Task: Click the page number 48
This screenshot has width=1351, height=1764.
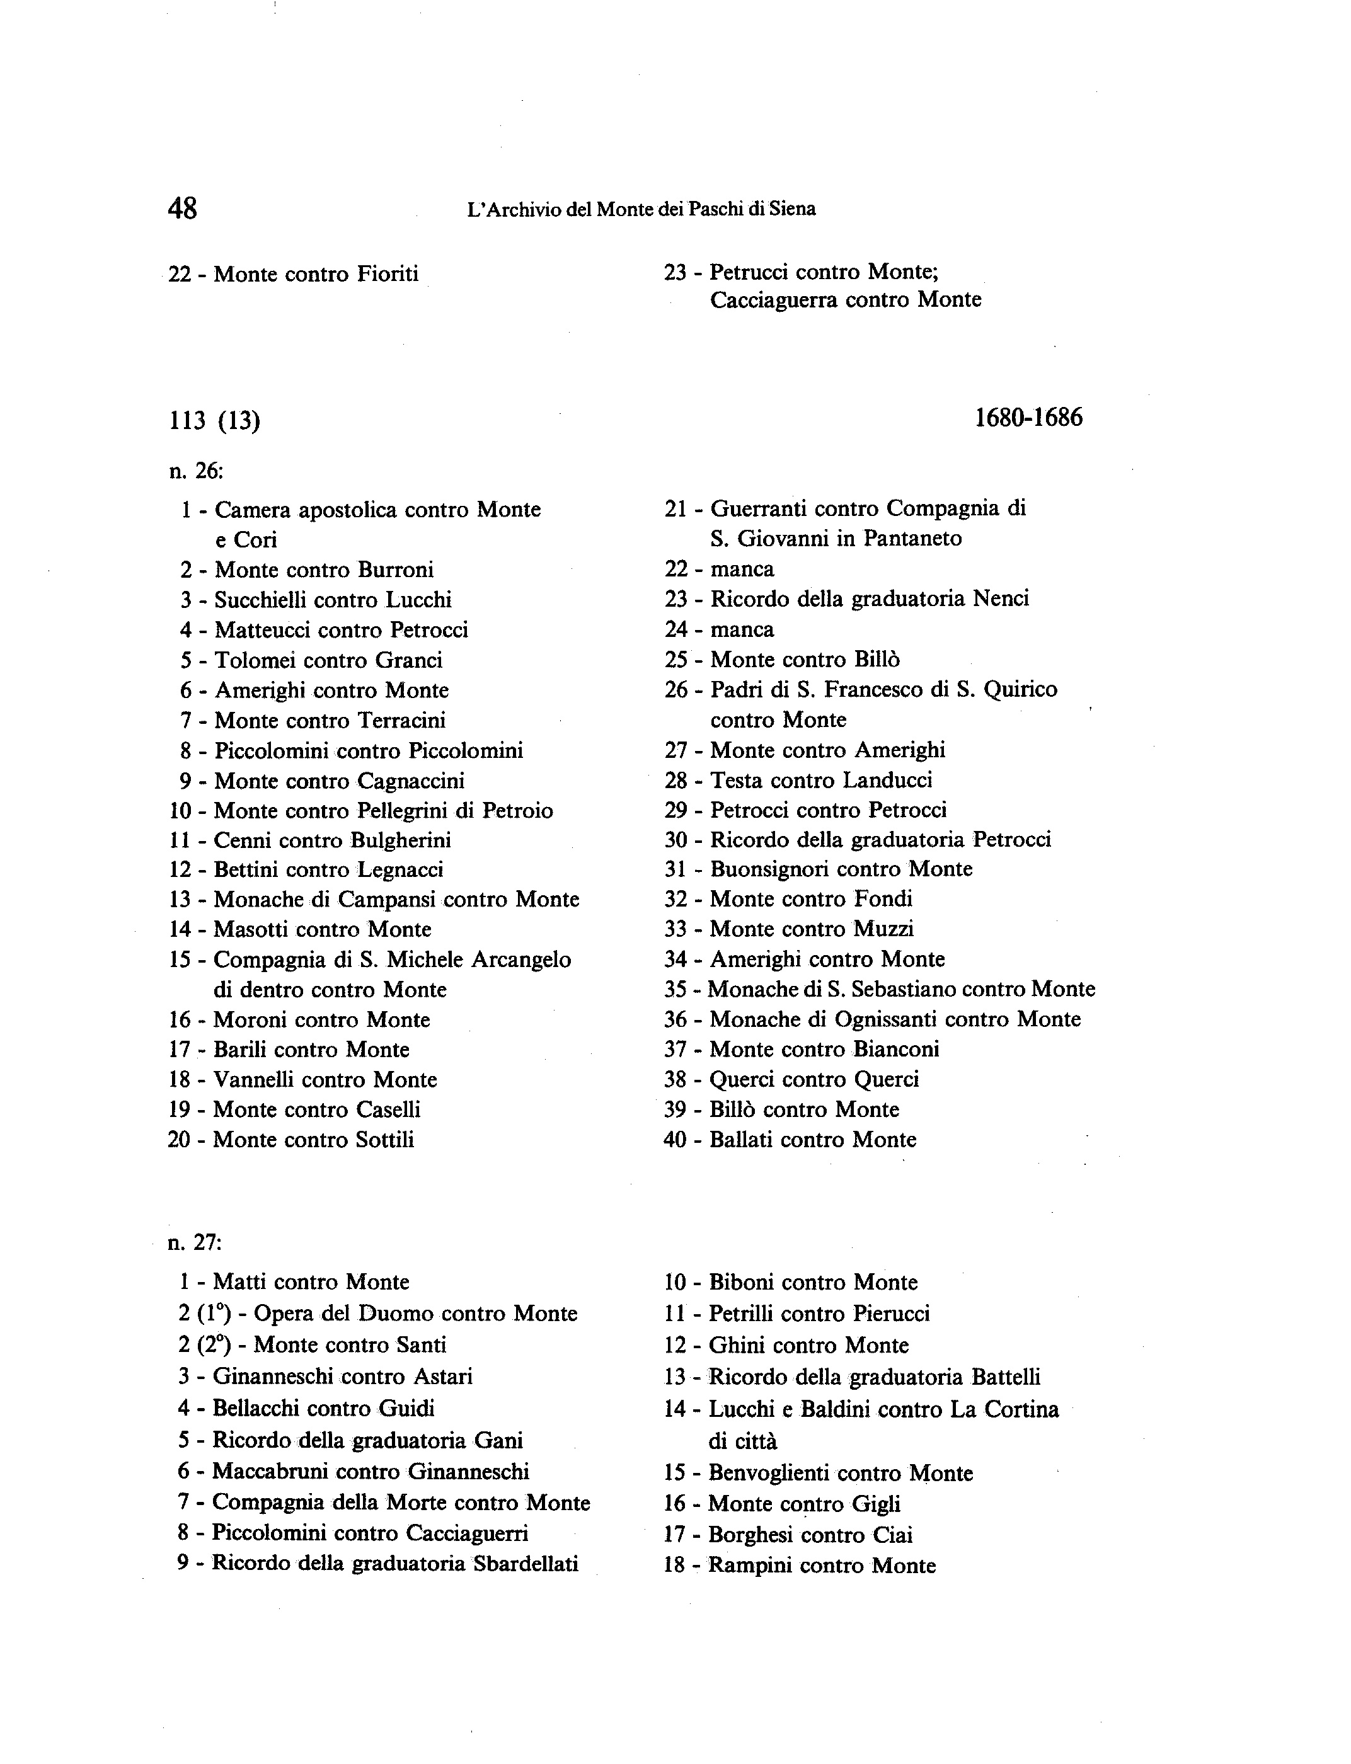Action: click(x=183, y=209)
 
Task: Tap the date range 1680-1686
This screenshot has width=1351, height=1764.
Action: click(x=1028, y=417)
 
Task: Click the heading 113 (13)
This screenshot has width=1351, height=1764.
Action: click(x=215, y=420)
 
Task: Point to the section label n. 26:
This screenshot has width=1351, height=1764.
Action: click(x=196, y=471)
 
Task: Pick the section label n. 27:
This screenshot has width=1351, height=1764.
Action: click(x=195, y=1242)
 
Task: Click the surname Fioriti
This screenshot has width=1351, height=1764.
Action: click(x=388, y=274)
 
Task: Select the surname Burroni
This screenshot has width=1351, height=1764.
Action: click(x=396, y=570)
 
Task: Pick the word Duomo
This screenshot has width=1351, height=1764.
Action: click(x=396, y=1314)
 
